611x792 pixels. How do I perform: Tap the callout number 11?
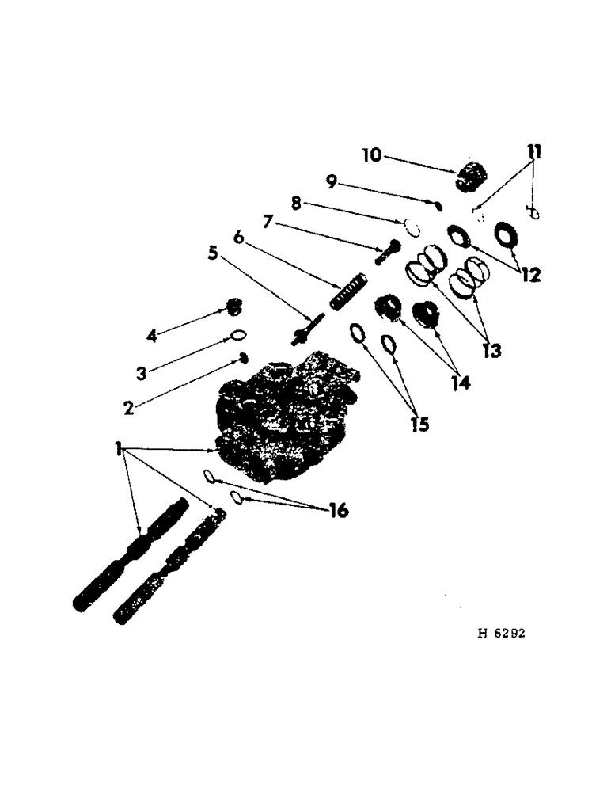pyautogui.click(x=536, y=150)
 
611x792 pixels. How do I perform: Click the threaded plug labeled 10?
pyautogui.click(x=472, y=176)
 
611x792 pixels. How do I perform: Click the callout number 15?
pyautogui.click(x=419, y=425)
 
